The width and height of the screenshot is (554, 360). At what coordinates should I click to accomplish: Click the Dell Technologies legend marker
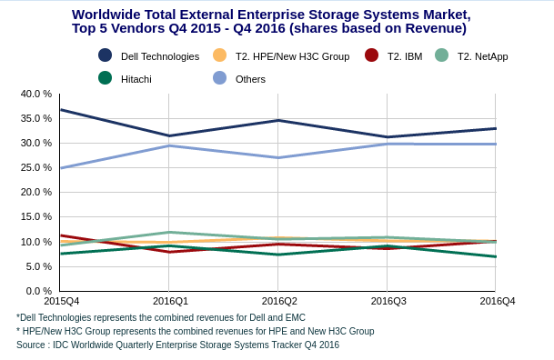pyautogui.click(x=105, y=55)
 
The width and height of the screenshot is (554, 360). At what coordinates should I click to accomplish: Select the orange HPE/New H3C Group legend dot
pyautogui.click(x=219, y=55)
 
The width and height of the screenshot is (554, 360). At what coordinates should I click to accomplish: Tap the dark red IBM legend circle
pyautogui.click(x=371, y=55)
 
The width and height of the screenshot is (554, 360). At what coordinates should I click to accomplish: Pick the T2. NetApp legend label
pyautogui.click(x=483, y=56)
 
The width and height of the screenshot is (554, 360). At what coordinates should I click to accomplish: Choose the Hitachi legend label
pyautogui.click(x=136, y=79)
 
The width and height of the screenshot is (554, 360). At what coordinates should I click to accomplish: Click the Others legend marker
pyautogui.click(x=219, y=78)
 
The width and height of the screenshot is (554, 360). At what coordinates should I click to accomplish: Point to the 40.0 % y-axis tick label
pyautogui.click(x=36, y=94)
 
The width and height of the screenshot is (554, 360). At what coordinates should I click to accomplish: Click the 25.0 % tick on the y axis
pyautogui.click(x=36, y=167)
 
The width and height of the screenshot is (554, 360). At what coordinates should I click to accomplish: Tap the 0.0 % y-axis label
pyautogui.click(x=39, y=291)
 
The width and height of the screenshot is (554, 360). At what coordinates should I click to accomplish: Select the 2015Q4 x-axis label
pyautogui.click(x=62, y=301)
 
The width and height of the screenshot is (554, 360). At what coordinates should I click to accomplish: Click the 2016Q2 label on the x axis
pyautogui.click(x=279, y=301)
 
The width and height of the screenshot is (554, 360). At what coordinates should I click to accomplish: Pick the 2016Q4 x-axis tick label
pyautogui.click(x=497, y=301)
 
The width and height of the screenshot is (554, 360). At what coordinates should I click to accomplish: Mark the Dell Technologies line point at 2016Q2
pyautogui.click(x=277, y=120)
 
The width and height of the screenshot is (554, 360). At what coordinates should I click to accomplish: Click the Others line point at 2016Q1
pyautogui.click(x=169, y=145)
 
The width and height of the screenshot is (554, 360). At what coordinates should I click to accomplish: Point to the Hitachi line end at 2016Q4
pyautogui.click(x=496, y=256)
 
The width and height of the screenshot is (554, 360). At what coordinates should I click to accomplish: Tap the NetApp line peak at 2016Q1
pyautogui.click(x=169, y=232)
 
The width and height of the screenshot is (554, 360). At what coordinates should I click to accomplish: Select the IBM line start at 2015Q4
pyautogui.click(x=61, y=235)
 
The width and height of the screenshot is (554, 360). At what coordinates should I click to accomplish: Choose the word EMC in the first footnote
pyautogui.click(x=296, y=317)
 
